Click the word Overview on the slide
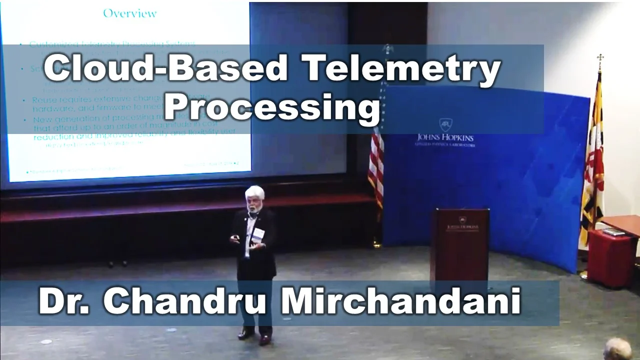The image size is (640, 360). tap(130, 13)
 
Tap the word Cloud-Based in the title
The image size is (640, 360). tap(165, 68)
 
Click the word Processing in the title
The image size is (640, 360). tap(272, 106)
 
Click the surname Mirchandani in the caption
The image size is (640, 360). tap(401, 301)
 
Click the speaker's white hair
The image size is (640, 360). tap(255, 192)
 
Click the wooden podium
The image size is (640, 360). tap(459, 245)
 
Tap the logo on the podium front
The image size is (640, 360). tap(462, 221)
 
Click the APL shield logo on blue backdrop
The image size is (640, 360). tap(445, 124)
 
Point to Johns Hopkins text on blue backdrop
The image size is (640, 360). tap(445, 137)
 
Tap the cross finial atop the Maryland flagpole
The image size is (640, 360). tap(600, 59)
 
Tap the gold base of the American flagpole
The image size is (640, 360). tap(376, 244)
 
